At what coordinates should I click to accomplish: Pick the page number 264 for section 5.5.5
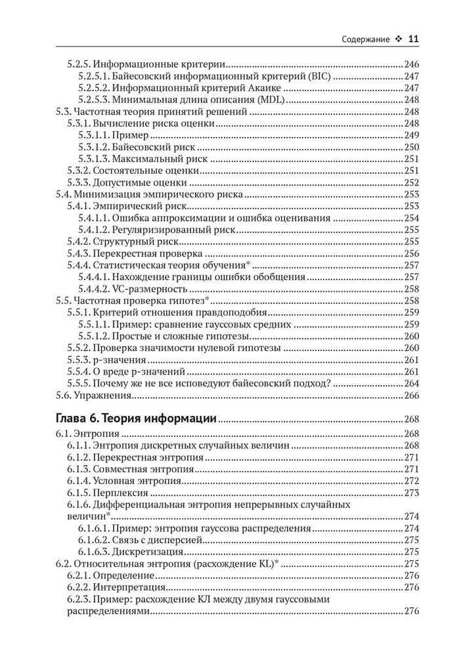point(411,384)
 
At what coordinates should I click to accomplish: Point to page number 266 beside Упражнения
point(411,396)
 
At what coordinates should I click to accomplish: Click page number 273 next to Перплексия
point(411,493)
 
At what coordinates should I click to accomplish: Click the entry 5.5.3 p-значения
point(107,360)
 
